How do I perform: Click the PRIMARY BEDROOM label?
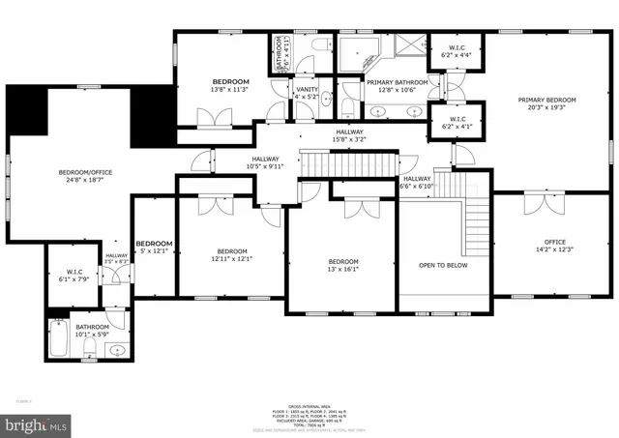pos(546,104)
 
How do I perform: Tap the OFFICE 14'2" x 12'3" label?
pos(554,246)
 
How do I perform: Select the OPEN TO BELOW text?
pos(443,264)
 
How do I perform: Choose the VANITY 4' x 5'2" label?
pos(306,92)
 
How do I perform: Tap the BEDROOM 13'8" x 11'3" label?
pos(231,85)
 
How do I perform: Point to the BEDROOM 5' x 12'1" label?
pos(154,248)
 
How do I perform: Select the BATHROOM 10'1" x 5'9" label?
pos(94,331)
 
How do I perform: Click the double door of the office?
pos(538,204)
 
